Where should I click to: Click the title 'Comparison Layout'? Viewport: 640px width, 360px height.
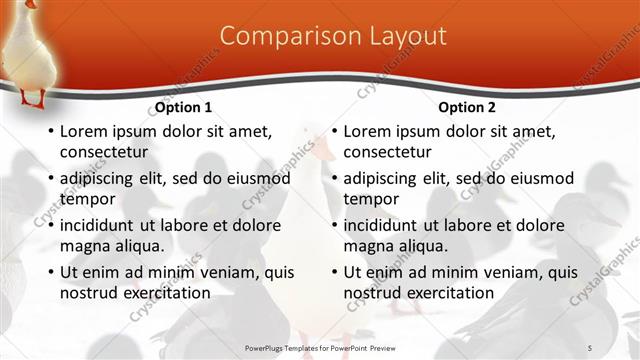point(332,36)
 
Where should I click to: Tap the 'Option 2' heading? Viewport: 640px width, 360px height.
point(467,107)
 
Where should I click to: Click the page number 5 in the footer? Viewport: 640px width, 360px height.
point(590,347)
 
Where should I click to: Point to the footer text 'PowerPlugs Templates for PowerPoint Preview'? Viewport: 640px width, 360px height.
point(321,347)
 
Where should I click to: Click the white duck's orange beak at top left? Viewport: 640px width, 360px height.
point(31,4)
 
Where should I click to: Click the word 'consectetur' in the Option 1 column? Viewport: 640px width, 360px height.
point(104,152)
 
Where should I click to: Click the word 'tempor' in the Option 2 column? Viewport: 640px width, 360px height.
point(371,199)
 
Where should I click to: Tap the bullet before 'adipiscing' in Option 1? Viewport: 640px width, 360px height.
point(50,179)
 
